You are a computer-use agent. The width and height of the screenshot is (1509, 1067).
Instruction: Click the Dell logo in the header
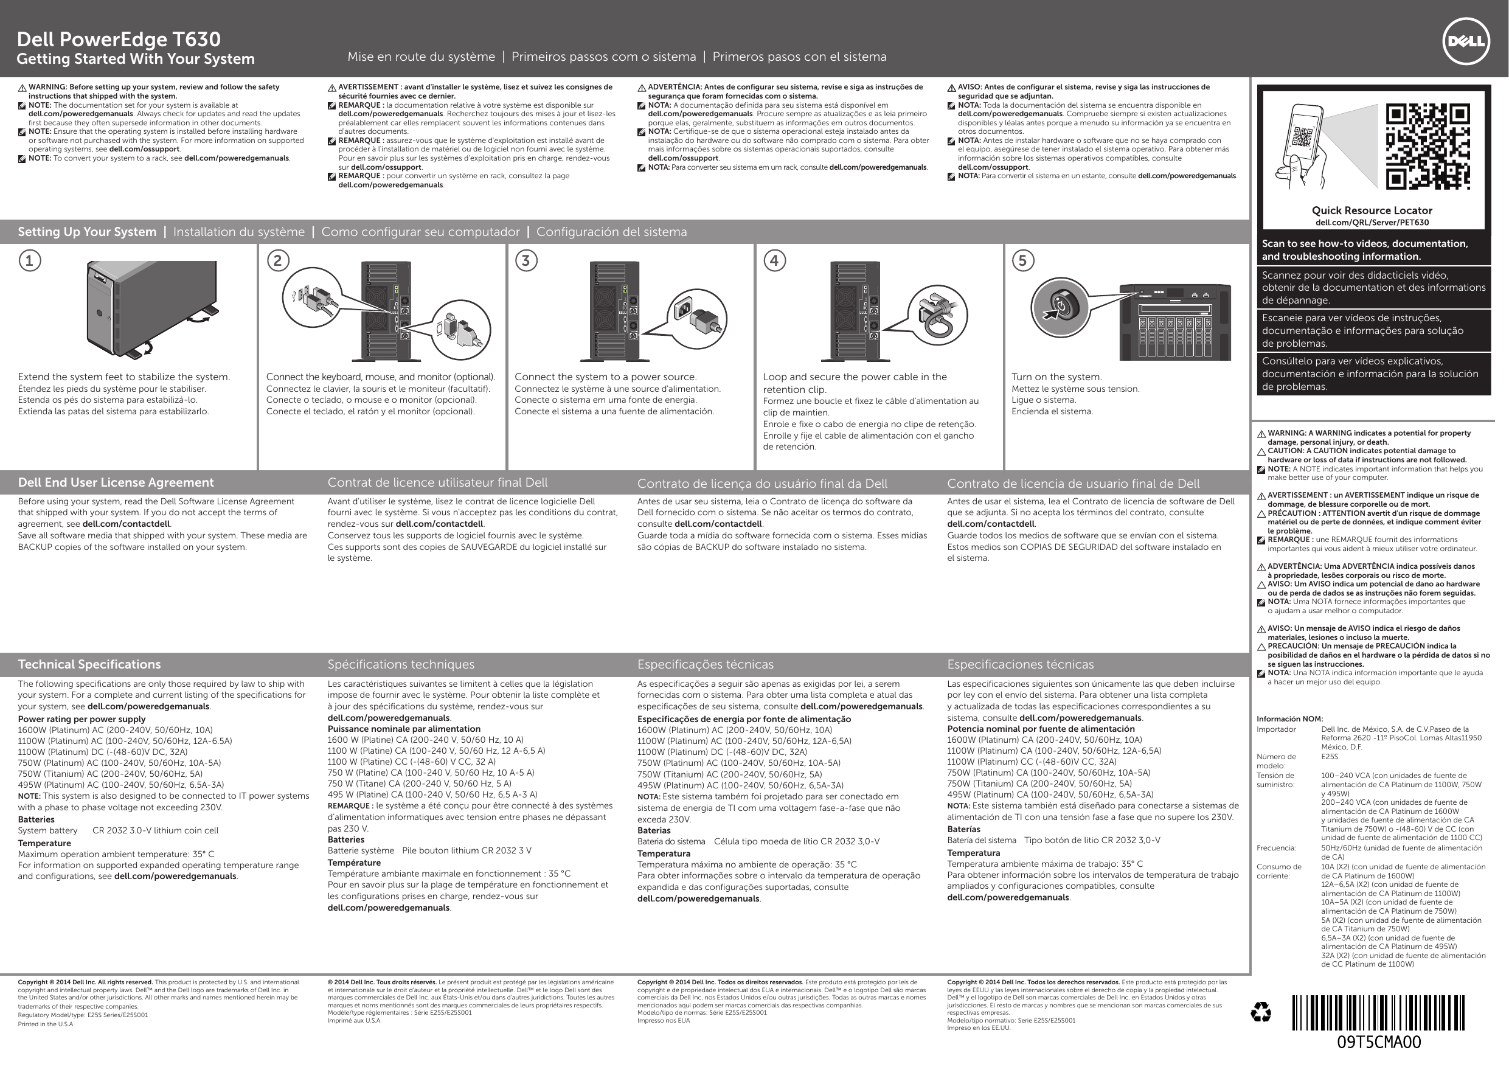[1466, 41]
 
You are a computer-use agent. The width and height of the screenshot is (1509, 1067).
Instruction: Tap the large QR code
[1427, 146]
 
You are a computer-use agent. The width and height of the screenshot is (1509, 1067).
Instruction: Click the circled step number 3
[526, 260]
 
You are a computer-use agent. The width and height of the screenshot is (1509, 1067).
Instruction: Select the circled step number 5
[1022, 260]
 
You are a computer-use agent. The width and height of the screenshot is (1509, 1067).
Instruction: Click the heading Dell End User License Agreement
[116, 482]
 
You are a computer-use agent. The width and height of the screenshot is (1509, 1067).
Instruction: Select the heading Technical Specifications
[89, 665]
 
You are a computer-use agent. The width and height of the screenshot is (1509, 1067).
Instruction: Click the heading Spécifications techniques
[401, 665]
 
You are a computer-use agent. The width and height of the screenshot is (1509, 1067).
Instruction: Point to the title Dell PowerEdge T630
[119, 40]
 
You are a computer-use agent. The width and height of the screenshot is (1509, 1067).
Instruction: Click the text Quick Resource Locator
[1372, 210]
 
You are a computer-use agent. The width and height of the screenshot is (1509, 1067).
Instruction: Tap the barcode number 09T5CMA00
[1378, 1042]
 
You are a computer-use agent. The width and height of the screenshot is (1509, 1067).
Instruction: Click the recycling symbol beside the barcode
[1261, 1013]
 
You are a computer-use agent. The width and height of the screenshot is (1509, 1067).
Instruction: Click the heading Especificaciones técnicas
[1020, 665]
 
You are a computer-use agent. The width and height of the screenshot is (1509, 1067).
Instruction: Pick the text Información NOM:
[1289, 719]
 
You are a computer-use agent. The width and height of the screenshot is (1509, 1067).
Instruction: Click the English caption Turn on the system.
[1056, 377]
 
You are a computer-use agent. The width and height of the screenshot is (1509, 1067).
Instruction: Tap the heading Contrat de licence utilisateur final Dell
[437, 482]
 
